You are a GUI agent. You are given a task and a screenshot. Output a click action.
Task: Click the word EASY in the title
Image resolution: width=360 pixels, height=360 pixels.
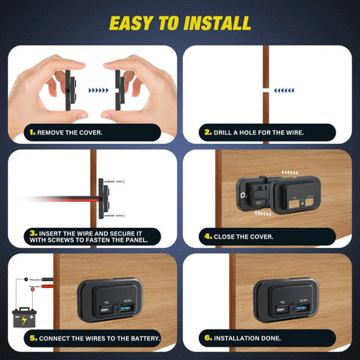[x=135, y=22]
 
